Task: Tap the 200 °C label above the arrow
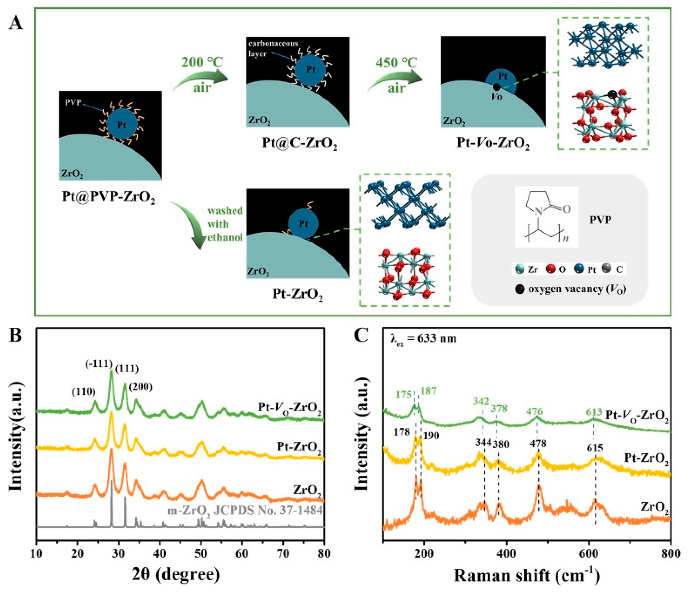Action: (202, 62)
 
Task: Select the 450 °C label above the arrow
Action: (396, 62)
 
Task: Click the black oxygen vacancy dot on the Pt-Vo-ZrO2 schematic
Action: (496, 87)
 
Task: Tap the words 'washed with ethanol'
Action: (225, 224)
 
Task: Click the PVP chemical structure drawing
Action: (546, 216)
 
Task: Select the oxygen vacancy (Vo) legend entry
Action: (570, 289)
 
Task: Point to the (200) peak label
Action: (141, 387)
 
